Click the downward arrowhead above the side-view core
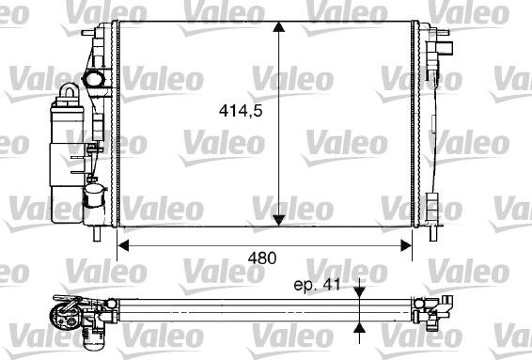click(359, 292)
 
